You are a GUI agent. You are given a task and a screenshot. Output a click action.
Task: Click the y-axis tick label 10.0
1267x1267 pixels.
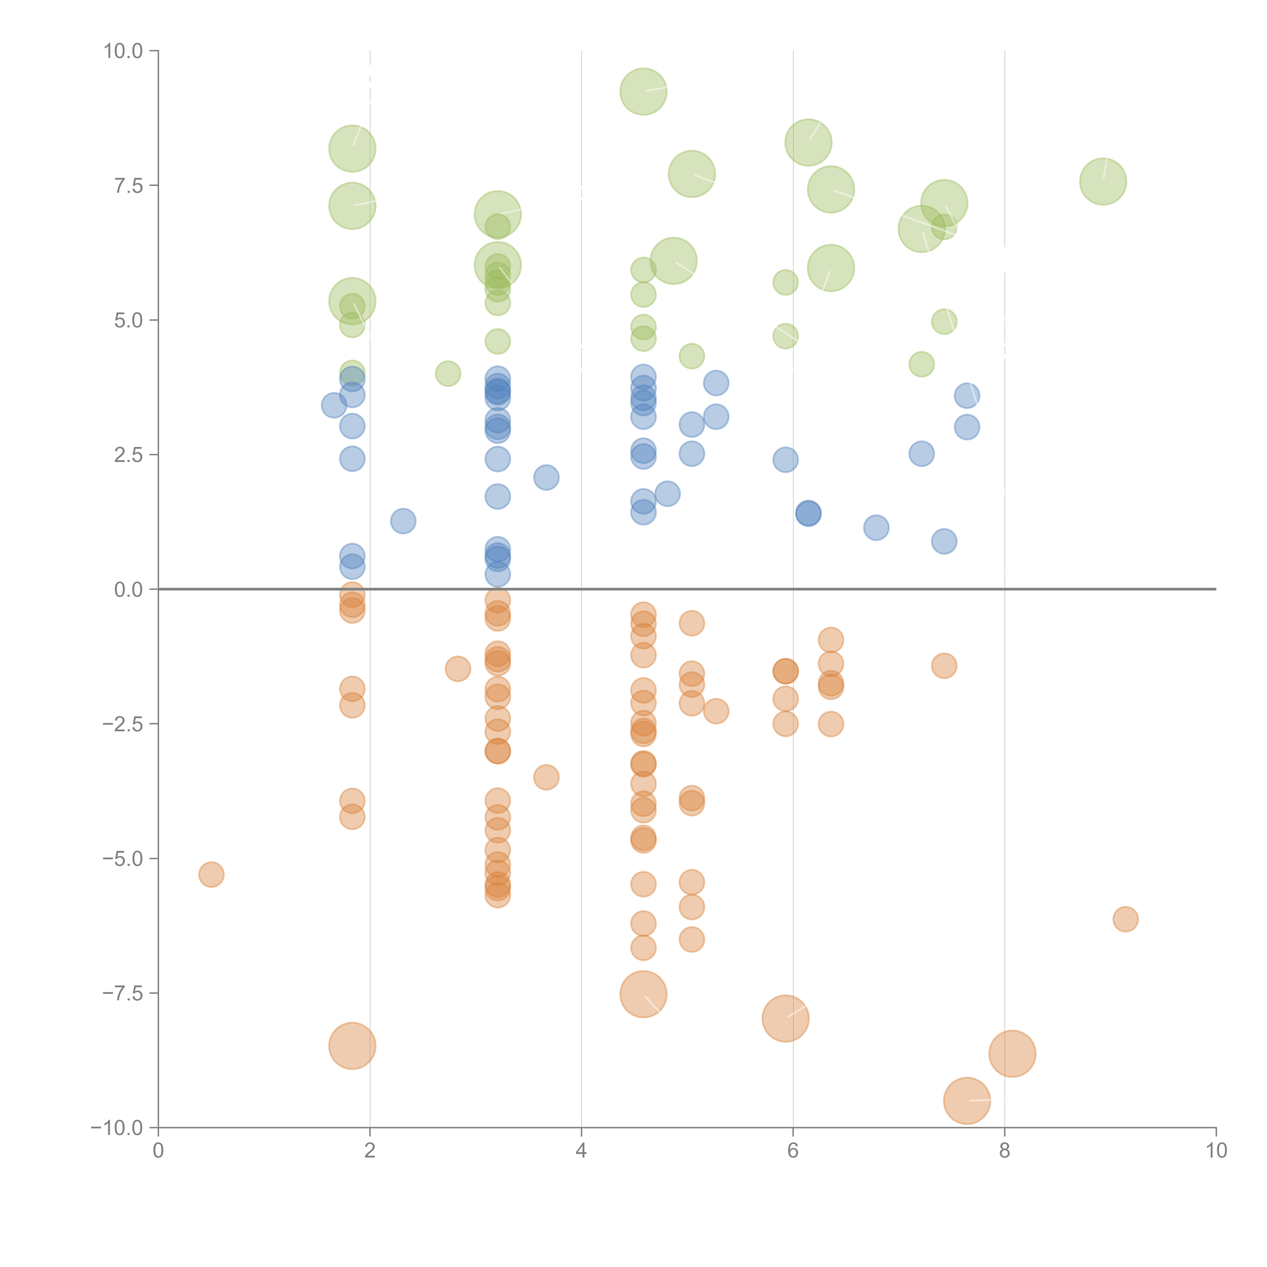123,51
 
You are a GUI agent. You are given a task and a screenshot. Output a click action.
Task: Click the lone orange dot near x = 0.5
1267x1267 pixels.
211,874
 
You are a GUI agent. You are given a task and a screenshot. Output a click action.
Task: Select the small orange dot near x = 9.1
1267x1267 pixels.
1125,919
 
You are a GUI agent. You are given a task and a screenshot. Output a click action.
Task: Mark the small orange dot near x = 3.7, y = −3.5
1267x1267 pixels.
546,777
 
